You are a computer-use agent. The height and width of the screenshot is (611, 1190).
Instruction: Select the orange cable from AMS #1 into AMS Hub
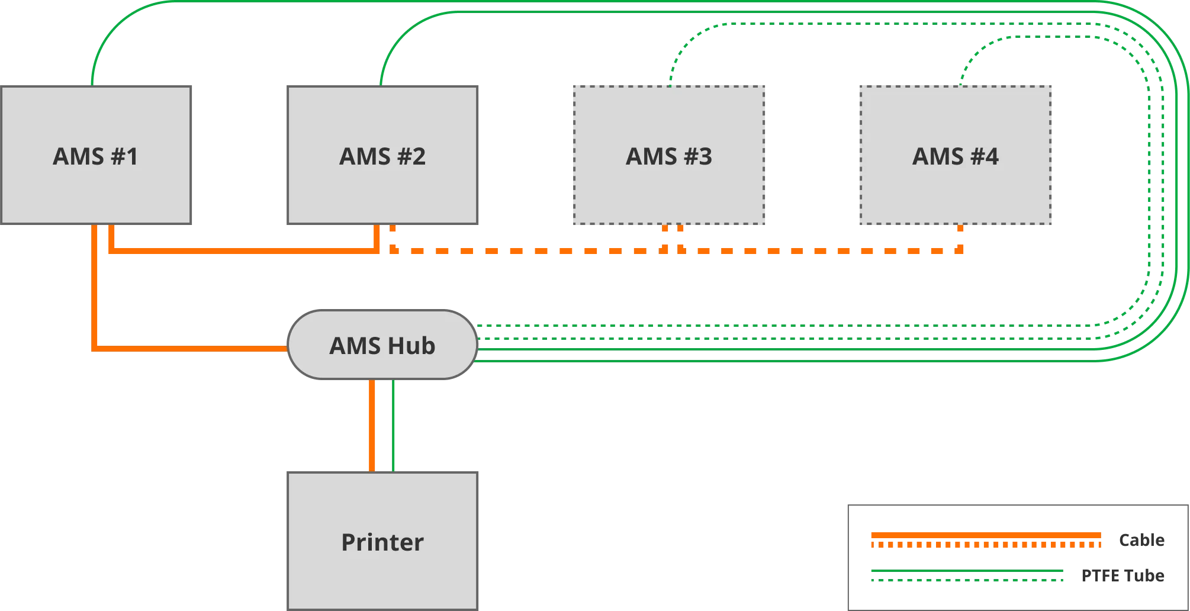178,349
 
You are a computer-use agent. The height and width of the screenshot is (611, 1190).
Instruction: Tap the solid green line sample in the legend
965,575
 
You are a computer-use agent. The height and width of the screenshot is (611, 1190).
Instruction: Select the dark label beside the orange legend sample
1141,540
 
